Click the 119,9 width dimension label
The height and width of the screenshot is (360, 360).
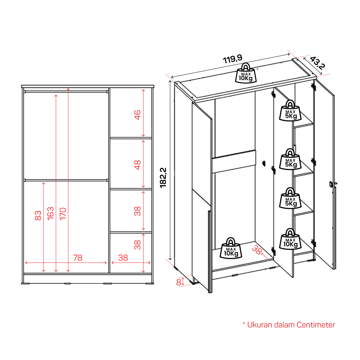[232, 59]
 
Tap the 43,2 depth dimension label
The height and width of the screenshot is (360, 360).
[317, 63]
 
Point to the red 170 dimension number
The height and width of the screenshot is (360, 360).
[63, 214]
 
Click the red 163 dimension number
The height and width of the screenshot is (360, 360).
[50, 213]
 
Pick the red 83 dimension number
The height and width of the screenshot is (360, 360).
[38, 215]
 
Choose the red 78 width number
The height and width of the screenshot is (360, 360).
[78, 258]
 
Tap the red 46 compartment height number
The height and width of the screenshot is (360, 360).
[137, 115]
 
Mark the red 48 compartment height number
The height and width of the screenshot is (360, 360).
[137, 165]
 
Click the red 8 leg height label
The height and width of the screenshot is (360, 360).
[179, 282]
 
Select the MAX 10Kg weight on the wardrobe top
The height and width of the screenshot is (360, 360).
[246, 73]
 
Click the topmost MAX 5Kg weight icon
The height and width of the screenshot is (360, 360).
[290, 111]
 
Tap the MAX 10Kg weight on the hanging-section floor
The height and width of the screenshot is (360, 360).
[231, 248]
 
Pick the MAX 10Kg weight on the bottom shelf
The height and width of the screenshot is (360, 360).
[290, 239]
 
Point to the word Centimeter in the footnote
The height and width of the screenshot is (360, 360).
[316, 325]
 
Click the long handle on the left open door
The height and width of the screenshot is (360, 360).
[209, 252]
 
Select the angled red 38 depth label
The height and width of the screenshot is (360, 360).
[257, 250]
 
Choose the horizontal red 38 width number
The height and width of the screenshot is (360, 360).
[123, 258]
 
